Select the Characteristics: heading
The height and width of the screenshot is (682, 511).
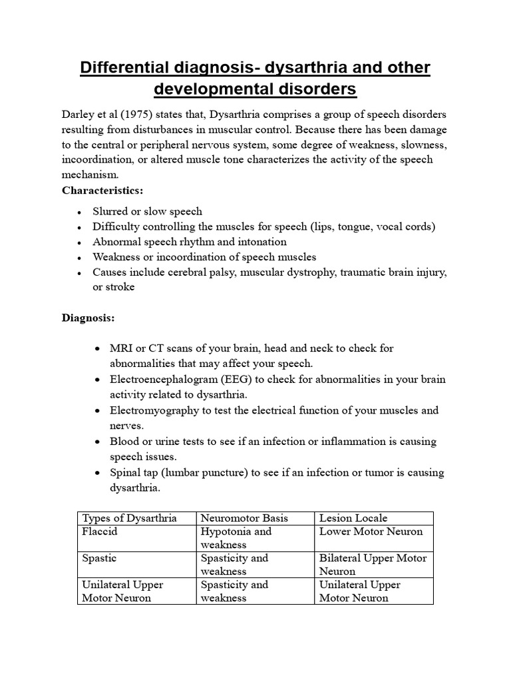pos(102,190)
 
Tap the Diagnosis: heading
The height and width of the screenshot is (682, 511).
pos(88,318)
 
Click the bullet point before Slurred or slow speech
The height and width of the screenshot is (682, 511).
pos(80,212)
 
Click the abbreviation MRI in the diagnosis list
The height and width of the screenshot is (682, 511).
pos(121,348)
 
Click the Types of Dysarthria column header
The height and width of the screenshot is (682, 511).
pos(129,518)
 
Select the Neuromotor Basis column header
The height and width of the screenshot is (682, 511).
pos(242,518)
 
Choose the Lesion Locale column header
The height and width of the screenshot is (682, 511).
pos(353,518)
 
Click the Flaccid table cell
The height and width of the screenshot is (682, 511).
pos(99,531)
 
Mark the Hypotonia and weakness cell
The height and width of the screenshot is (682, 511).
pos(236,538)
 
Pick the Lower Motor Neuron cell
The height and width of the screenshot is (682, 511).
pos(371,531)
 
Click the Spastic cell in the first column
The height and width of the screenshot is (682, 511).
pos(99,558)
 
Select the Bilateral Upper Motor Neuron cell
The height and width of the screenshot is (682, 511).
pos(373,564)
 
